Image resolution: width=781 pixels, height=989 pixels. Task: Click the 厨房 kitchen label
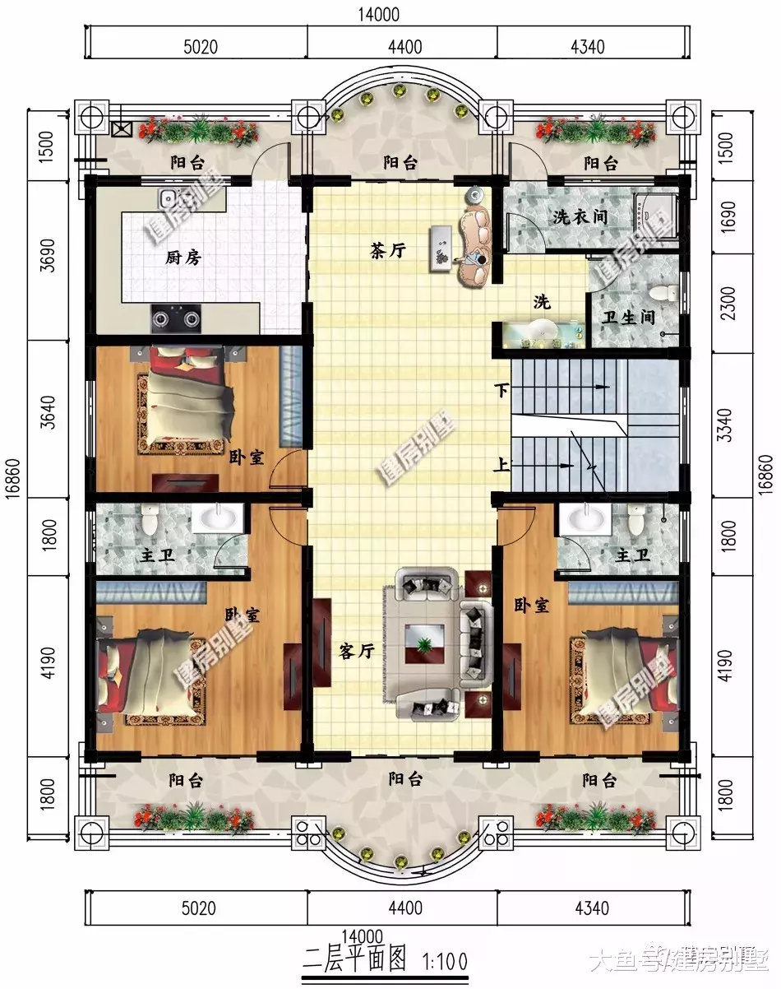pos(183,258)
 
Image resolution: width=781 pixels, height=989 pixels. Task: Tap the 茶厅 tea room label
pos(388,251)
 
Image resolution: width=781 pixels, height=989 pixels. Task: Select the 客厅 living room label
pos(357,652)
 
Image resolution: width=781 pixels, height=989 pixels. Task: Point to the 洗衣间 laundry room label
pos(580,216)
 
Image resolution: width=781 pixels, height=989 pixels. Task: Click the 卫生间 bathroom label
pos(628,317)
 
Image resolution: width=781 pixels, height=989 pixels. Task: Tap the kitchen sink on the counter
pos(169,198)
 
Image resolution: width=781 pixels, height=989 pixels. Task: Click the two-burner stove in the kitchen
pos(176,318)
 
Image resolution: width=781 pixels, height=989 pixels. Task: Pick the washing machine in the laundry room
pos(656,215)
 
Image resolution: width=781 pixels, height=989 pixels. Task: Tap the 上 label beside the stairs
pos(501,465)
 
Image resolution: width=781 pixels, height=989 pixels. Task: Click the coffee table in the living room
pos(425,643)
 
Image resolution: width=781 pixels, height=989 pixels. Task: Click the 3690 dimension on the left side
pos(48,256)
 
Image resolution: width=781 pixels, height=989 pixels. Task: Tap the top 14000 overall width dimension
pos(379,15)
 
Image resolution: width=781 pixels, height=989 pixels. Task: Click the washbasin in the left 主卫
pos(218,518)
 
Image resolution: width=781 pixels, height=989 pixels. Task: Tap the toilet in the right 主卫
pos(636,520)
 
